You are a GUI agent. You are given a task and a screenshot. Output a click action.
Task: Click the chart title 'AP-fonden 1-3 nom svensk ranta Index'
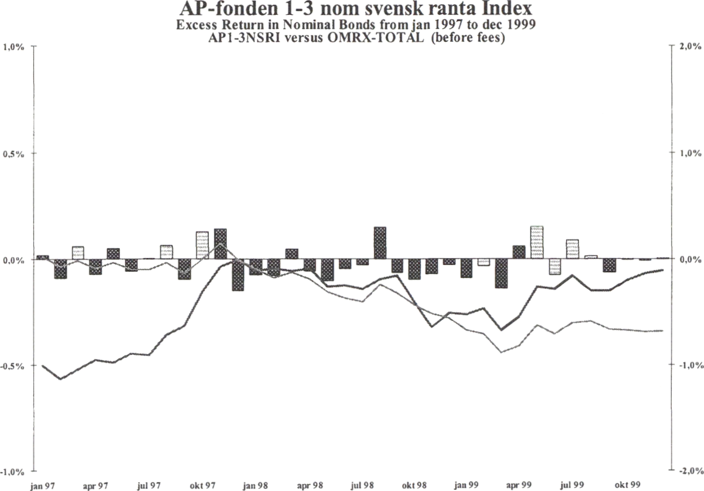pos(355,10)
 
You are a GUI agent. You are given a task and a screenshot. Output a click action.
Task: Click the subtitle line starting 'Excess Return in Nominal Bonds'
pos(355,26)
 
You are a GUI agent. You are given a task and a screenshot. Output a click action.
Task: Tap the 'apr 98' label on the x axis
pos(309,484)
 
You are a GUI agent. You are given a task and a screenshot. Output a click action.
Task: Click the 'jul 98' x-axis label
pos(362,484)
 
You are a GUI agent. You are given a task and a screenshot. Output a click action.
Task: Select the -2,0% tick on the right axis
pos(690,471)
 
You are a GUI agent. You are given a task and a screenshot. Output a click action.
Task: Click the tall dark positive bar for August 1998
pos(380,243)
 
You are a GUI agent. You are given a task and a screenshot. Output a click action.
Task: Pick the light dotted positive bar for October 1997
pos(202,245)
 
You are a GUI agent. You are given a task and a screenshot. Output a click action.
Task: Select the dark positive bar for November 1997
pos(220,244)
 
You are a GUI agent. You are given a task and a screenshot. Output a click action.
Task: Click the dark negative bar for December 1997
pos(238,275)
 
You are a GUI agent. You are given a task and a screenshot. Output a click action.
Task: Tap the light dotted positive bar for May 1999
pos(537,242)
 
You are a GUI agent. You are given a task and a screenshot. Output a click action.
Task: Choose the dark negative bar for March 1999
pos(501,273)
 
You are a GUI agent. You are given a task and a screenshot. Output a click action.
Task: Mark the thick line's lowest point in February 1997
pos(60,379)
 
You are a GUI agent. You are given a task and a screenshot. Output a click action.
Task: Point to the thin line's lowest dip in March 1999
pos(501,352)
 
